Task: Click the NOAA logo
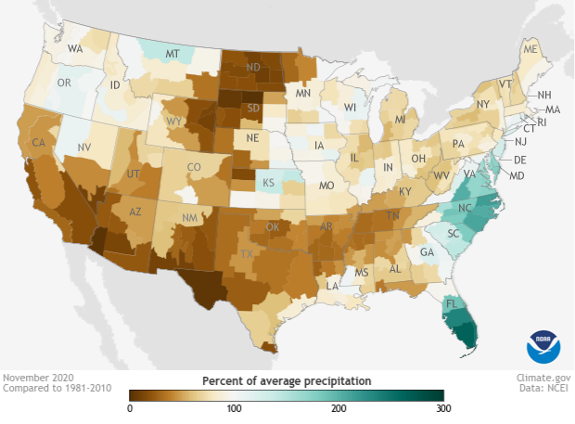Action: pyautogui.click(x=543, y=345)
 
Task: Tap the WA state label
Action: pyautogui.click(x=76, y=48)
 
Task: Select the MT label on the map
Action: pyautogui.click(x=172, y=56)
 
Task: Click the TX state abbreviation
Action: pyautogui.click(x=247, y=253)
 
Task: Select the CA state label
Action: pyautogui.click(x=39, y=143)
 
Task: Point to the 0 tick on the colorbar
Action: pyautogui.click(x=130, y=409)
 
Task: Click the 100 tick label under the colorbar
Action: pyautogui.click(x=235, y=409)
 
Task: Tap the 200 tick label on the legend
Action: pyautogui.click(x=339, y=409)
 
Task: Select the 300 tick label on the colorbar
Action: pyautogui.click(x=443, y=409)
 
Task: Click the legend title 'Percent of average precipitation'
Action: pyautogui.click(x=287, y=381)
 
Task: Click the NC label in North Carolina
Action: pyautogui.click(x=463, y=211)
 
